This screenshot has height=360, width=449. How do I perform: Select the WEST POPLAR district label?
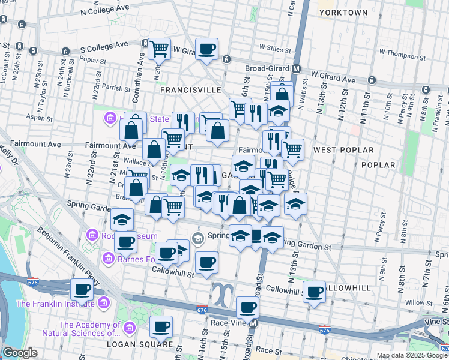343,149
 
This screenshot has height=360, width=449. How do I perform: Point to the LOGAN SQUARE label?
131,344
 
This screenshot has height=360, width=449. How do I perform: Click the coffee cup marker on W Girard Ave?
207,49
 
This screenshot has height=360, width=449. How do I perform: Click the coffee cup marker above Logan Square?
161,327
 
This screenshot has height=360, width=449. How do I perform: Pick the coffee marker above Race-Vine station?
247,308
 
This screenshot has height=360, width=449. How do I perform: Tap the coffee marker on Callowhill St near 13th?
314,292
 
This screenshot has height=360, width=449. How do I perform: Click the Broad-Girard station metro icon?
296,68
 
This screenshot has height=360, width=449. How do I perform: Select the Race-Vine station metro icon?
253,323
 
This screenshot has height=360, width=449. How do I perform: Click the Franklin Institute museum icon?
104,303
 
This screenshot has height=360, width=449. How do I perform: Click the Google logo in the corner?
20,353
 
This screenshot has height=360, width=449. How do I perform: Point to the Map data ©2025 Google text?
411,355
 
